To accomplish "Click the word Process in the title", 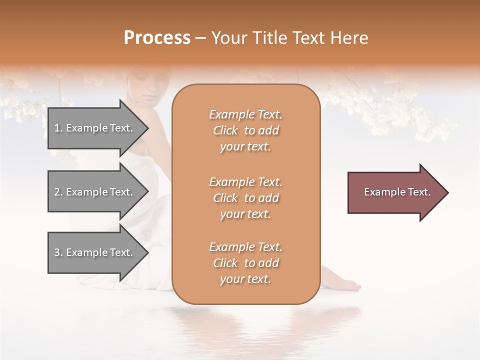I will coord(157,38).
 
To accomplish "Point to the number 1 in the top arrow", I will coord(57,128).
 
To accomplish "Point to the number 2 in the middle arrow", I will coord(57,192).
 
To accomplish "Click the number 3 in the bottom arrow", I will coord(57,252).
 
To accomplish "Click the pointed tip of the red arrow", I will coord(446,192).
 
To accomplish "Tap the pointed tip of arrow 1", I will coord(146,128).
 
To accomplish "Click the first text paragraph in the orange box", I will coord(245,130).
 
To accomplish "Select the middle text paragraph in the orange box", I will coord(245,197).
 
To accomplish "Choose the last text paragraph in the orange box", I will coord(245,263).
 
